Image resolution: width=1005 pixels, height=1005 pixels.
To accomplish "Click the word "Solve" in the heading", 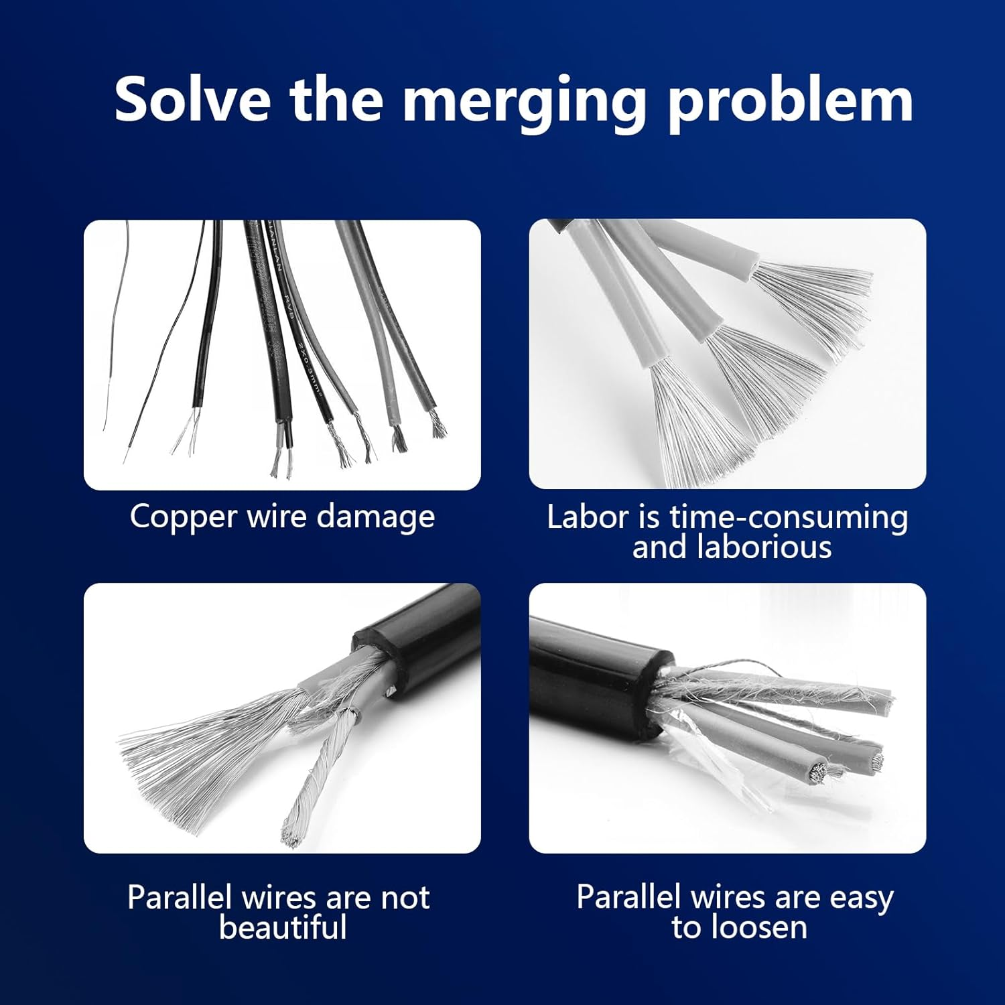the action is tap(192, 99).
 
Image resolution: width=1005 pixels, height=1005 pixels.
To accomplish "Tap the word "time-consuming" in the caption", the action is tap(789, 517).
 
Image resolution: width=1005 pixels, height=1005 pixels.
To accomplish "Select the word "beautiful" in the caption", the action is tap(283, 928).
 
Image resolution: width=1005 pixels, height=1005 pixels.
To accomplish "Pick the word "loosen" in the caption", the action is tap(759, 928).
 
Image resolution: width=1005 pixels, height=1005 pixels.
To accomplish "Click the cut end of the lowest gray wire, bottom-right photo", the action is tap(817, 774).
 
